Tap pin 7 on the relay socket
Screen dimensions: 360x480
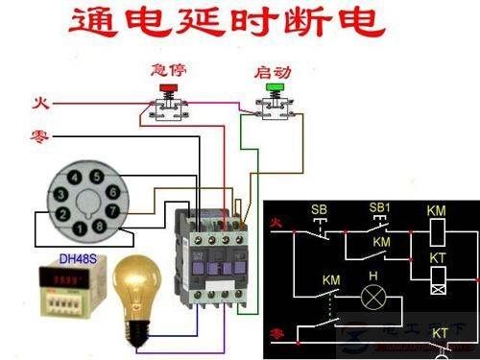tap(111, 210)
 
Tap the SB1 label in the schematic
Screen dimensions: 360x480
tap(379, 208)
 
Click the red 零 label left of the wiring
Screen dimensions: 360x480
tap(41, 137)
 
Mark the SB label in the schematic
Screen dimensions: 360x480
tap(317, 209)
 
